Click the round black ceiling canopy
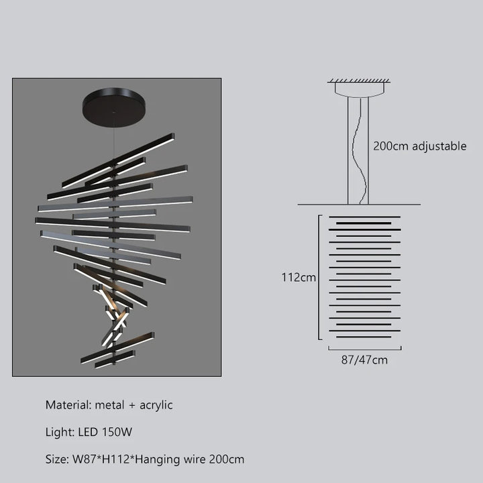click(x=114, y=107)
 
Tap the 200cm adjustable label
click(x=419, y=146)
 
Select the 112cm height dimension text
click(x=299, y=278)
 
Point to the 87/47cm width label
click(x=364, y=360)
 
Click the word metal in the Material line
click(x=109, y=405)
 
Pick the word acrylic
click(x=156, y=405)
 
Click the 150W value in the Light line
click(x=117, y=432)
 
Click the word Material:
click(x=68, y=405)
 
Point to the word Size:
click(x=57, y=460)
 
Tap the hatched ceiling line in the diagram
click(x=359, y=80)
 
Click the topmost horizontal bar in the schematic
click(x=364, y=217)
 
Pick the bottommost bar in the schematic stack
click(x=364, y=337)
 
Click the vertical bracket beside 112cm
click(x=319, y=277)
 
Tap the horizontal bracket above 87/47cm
click(x=365, y=350)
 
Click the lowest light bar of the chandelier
click(x=115, y=359)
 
